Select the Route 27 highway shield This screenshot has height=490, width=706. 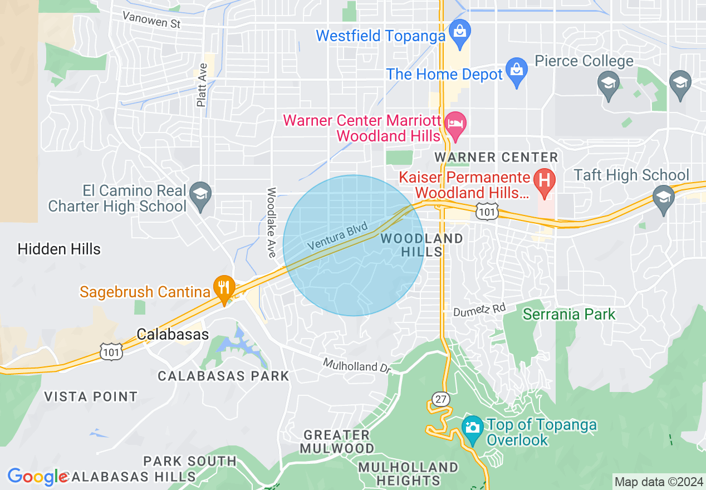[x=440, y=398]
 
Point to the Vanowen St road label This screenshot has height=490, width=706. [x=152, y=20]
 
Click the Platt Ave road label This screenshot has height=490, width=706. [x=202, y=85]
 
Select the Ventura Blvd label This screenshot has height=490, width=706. [x=337, y=236]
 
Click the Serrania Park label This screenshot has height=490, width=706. [x=569, y=315]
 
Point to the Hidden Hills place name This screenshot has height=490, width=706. [x=59, y=249]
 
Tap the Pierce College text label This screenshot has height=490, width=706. [x=584, y=61]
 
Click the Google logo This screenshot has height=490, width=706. [x=37, y=477]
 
